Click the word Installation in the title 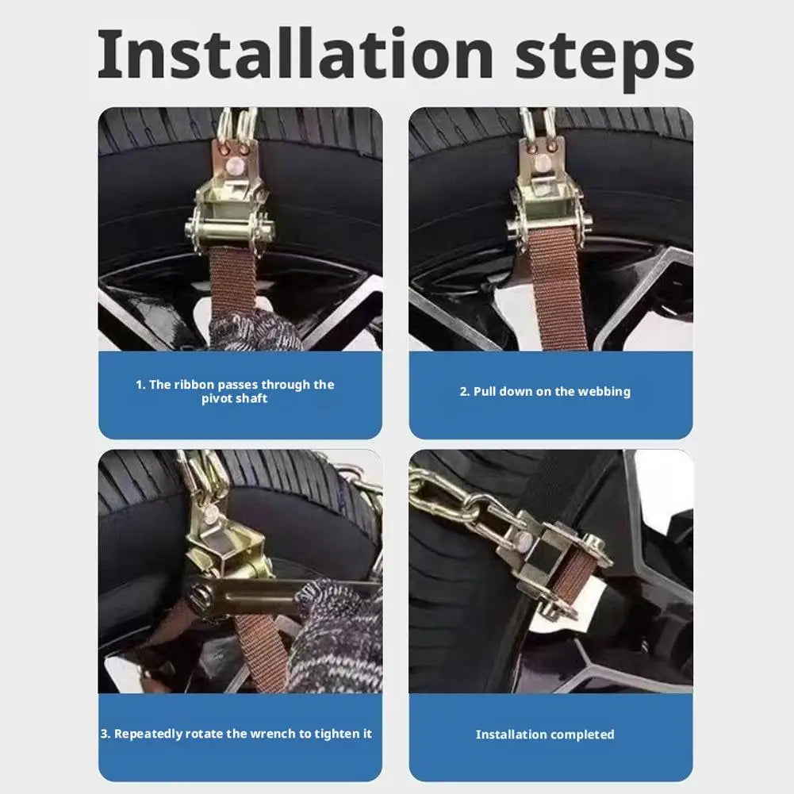pyautogui.click(x=295, y=54)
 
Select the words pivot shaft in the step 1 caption pyautogui.click(x=235, y=398)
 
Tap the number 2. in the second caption pyautogui.click(x=465, y=391)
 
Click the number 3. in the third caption pyautogui.click(x=105, y=734)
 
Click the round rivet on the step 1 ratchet pyautogui.click(x=235, y=166)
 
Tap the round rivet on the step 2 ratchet pyautogui.click(x=543, y=163)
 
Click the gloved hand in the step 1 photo pyautogui.click(x=253, y=330)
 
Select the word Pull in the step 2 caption pyautogui.click(x=485, y=391)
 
